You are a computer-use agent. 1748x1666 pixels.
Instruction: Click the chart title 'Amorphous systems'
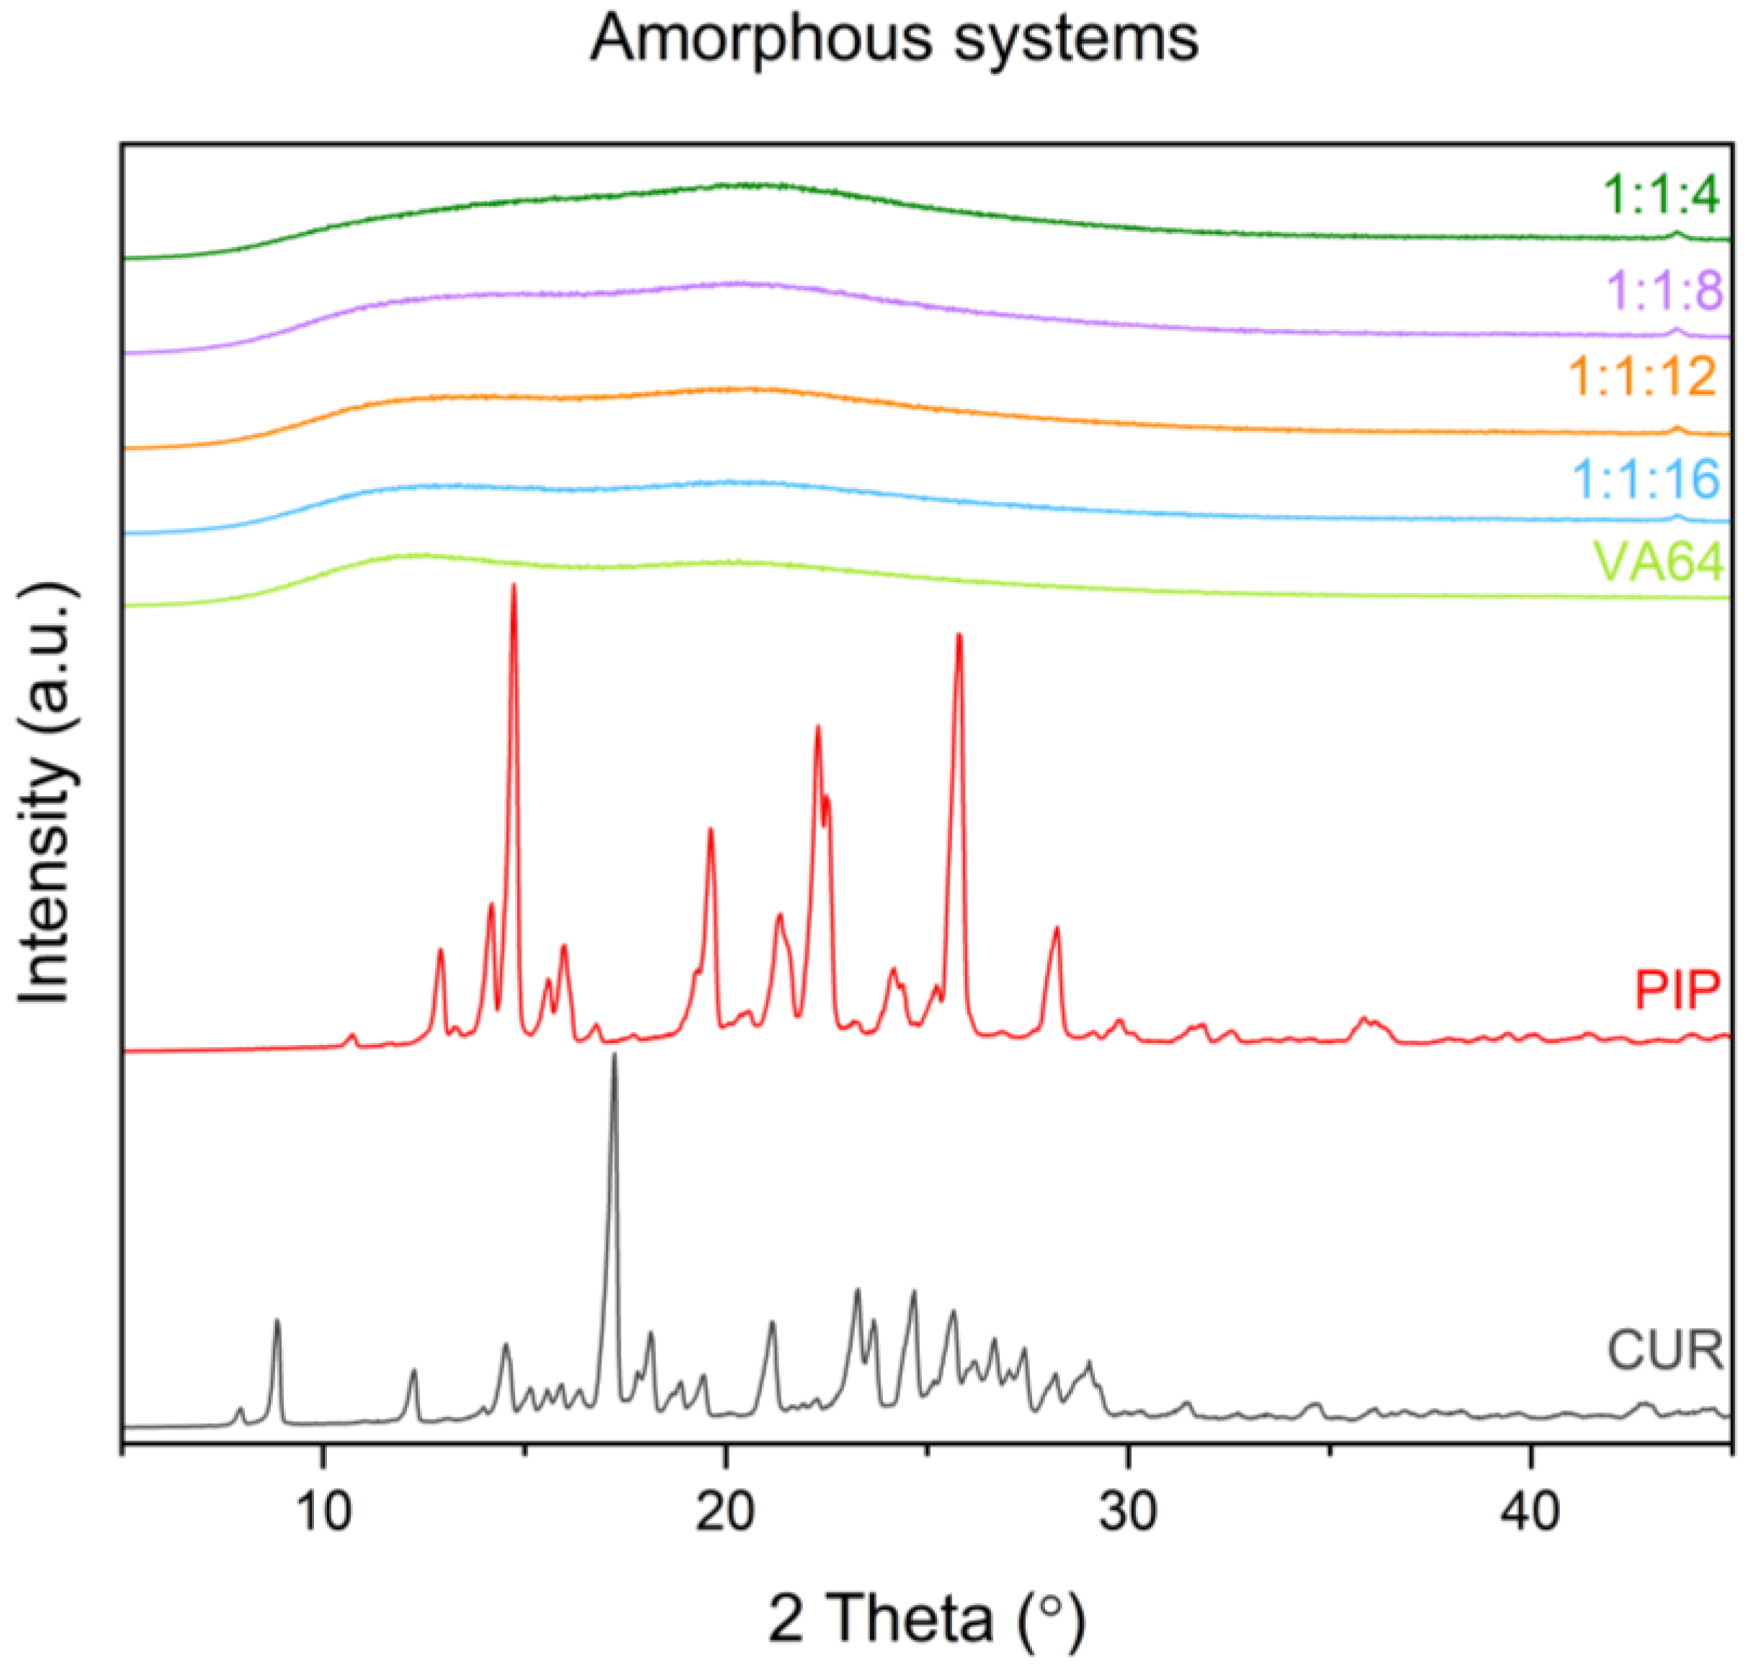click(x=894, y=40)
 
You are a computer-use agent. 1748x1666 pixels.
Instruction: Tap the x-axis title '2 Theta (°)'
click(x=926, y=1616)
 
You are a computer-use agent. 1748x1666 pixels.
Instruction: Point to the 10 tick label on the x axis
click(x=323, y=1510)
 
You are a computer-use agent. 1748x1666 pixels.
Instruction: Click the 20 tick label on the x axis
click(x=726, y=1510)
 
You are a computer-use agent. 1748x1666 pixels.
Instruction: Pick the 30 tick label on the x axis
click(x=1128, y=1510)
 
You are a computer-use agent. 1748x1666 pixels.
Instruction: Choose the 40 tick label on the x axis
click(x=1530, y=1510)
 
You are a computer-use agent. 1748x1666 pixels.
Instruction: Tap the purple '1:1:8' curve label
click(x=1664, y=290)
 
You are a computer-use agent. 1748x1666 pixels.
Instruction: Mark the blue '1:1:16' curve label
click(x=1646, y=479)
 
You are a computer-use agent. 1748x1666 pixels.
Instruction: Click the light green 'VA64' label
click(x=1658, y=561)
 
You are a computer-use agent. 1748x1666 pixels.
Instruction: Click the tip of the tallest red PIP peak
click(x=514, y=586)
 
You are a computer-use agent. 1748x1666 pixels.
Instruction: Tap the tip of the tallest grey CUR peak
click(x=614, y=1055)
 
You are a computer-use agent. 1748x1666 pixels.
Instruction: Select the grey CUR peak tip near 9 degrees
click(x=277, y=1320)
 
